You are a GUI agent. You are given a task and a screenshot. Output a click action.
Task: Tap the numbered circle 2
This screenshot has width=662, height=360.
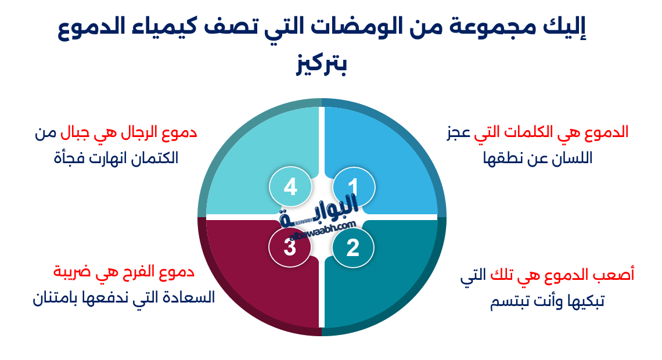click(353, 248)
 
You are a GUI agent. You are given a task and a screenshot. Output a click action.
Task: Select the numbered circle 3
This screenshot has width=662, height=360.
click(290, 248)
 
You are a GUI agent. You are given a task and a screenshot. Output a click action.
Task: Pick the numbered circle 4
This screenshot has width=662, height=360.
click(290, 187)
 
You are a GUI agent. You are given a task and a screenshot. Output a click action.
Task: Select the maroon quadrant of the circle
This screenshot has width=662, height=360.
click(256, 279)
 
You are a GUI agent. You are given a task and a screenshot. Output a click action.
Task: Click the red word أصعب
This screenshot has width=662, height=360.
click(615, 275)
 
